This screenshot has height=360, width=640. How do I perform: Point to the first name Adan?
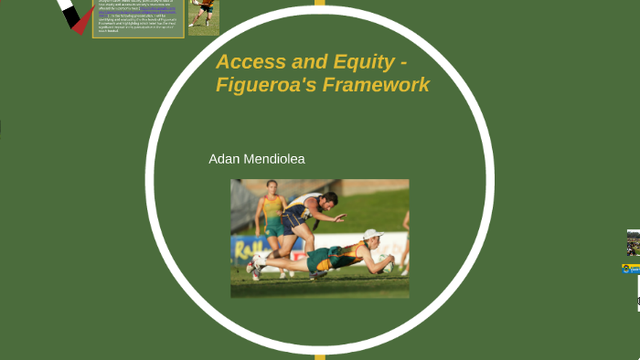point(224,159)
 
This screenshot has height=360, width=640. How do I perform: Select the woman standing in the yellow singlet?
point(272,215)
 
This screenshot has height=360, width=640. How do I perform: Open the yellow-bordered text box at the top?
point(137,18)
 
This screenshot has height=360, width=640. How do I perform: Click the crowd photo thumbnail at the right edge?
point(633,243)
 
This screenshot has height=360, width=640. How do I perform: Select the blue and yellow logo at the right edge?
point(631,269)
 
